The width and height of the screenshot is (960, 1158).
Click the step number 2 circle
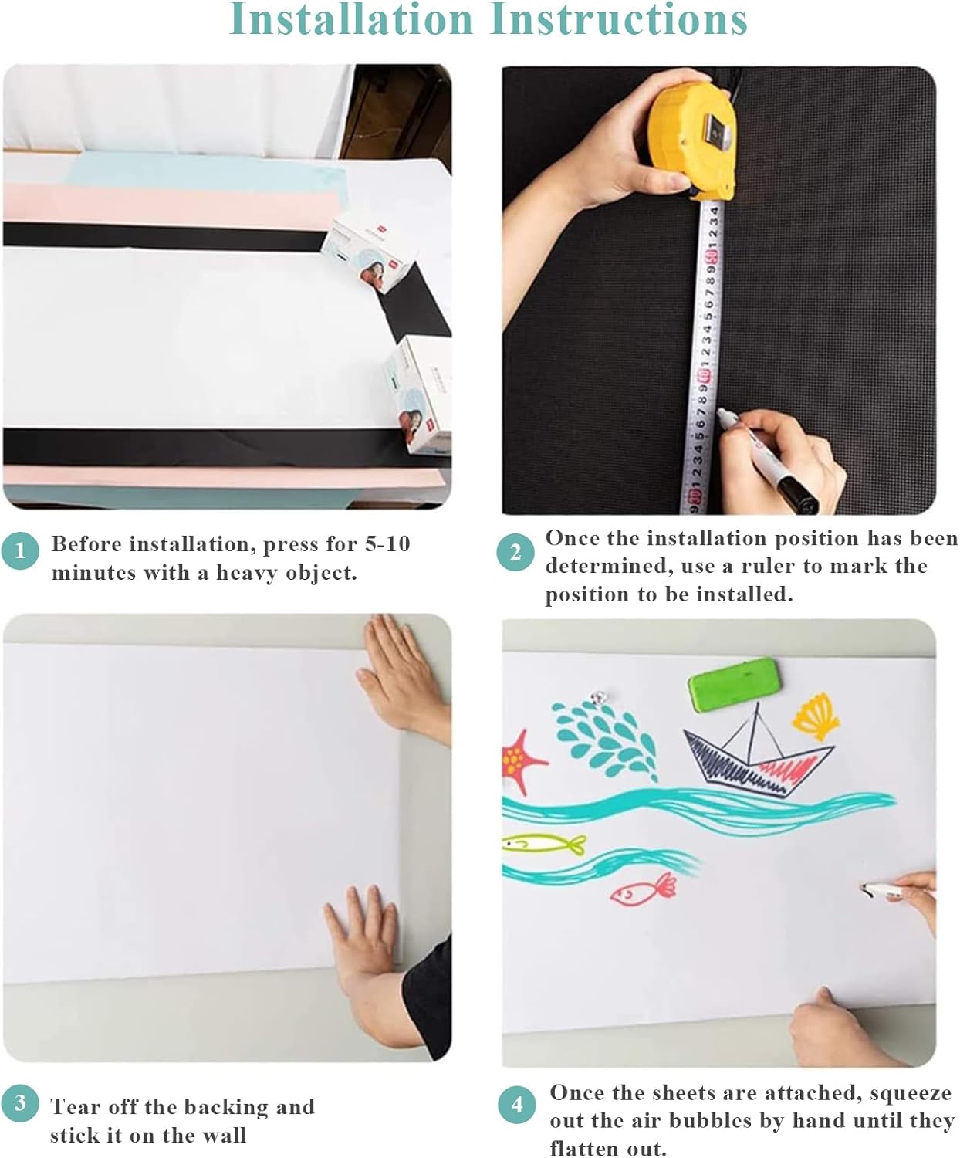[515, 553]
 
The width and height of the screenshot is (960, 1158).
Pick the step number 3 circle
[20, 1102]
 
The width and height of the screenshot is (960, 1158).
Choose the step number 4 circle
[516, 1105]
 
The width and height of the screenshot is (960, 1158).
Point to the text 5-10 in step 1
[387, 544]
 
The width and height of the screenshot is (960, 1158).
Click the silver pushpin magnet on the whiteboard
[595, 699]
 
